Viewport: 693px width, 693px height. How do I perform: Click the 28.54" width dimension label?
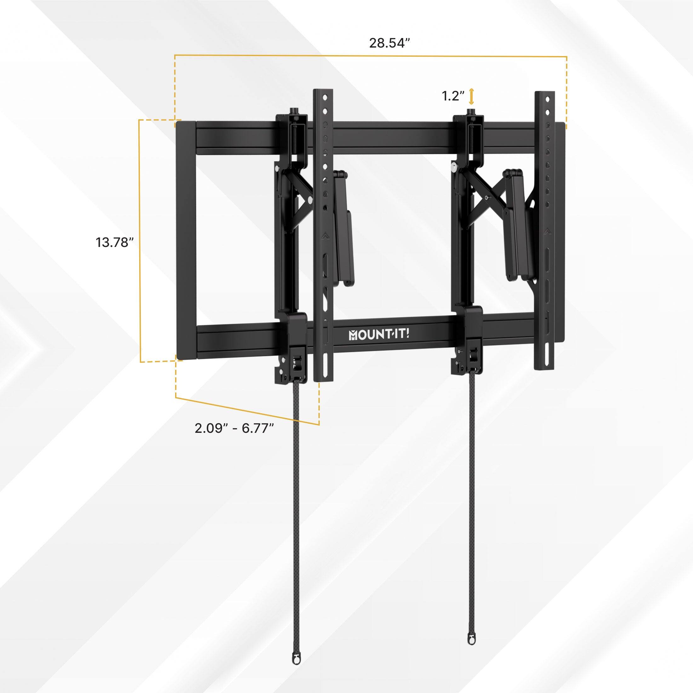point(390,43)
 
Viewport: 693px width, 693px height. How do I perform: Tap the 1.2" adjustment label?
point(453,96)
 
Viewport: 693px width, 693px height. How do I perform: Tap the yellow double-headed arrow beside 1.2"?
point(471,96)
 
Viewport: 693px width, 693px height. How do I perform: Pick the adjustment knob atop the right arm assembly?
point(471,112)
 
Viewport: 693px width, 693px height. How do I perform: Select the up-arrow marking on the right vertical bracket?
point(547,231)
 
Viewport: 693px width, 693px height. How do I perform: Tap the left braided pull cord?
point(297,502)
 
